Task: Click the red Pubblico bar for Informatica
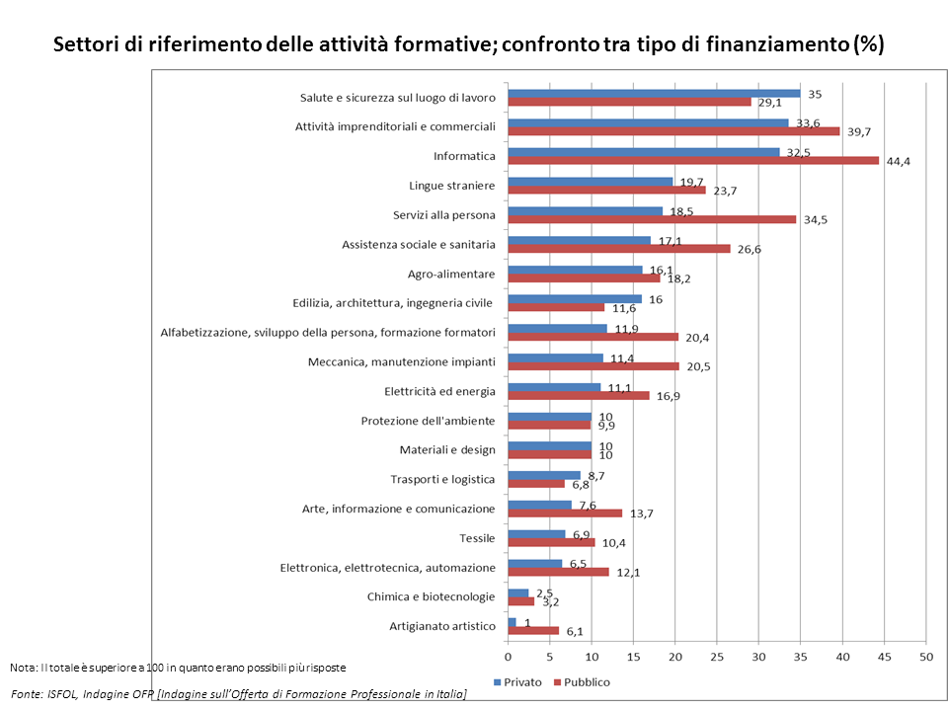coord(692,161)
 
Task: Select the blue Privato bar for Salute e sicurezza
coord(653,93)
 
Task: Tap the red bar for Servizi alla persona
coord(651,219)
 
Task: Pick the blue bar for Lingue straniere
coord(590,181)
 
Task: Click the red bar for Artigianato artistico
coord(532,631)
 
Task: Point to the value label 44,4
coord(897,162)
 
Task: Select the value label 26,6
coord(748,249)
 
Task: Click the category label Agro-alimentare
coord(451,274)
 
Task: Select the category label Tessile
coord(477,538)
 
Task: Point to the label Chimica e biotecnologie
coord(431,596)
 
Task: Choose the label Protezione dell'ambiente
coord(428,421)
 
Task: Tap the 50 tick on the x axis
coord(926,656)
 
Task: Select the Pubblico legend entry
coord(583,682)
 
